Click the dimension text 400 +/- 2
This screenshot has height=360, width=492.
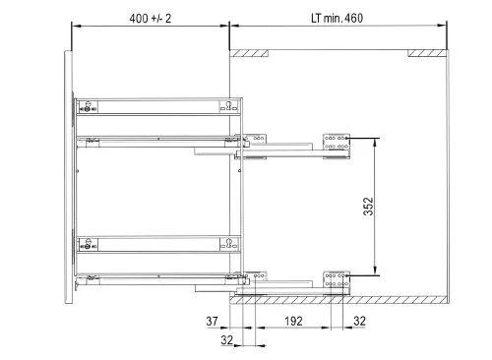click(x=151, y=19)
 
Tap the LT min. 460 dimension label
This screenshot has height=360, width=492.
click(x=337, y=18)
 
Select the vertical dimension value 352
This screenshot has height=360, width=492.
click(x=368, y=207)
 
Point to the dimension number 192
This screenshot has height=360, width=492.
click(x=293, y=321)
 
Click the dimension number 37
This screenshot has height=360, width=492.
click(x=212, y=321)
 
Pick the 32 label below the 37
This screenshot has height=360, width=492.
click(x=227, y=340)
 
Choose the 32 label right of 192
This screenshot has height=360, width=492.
click(x=359, y=321)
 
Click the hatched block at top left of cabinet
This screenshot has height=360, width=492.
click(x=249, y=53)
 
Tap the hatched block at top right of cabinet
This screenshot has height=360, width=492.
click(x=427, y=53)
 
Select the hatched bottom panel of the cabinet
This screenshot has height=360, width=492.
click(x=338, y=300)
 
